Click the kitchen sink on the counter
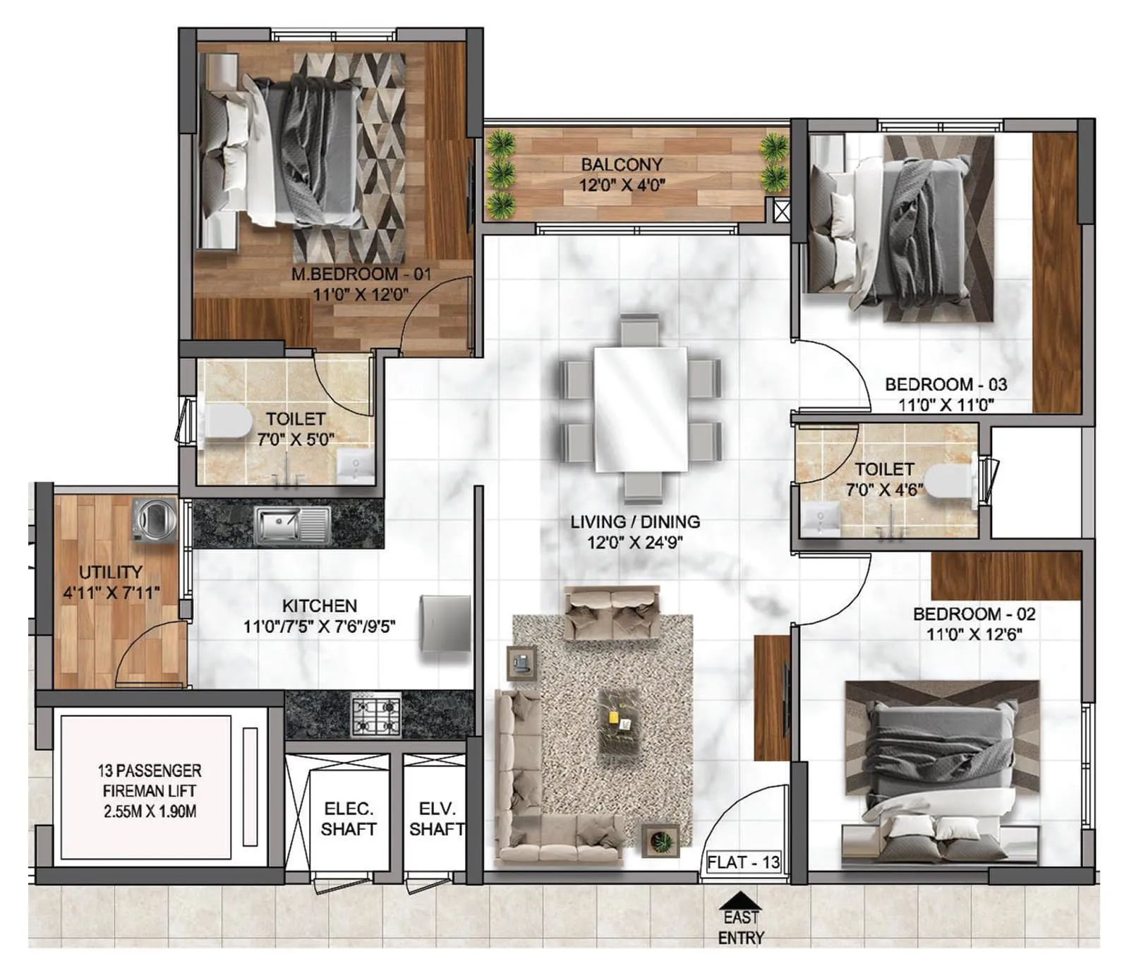[x=291, y=525]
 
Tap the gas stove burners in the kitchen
[x=376, y=715]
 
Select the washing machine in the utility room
[x=155, y=520]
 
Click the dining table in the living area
[x=640, y=409]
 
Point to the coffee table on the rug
[x=619, y=720]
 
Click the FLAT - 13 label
[x=743, y=862]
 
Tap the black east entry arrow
[x=739, y=901]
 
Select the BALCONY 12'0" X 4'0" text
[x=622, y=174]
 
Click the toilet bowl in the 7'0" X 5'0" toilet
[x=227, y=421]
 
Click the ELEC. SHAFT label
[x=348, y=818]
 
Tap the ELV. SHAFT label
[x=436, y=818]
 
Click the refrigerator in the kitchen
[x=445, y=624]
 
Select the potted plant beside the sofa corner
[x=660, y=841]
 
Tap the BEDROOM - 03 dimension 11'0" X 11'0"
[x=946, y=405]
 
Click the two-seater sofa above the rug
[x=612, y=612]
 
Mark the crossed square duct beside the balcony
[x=782, y=211]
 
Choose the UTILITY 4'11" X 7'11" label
[x=111, y=582]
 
